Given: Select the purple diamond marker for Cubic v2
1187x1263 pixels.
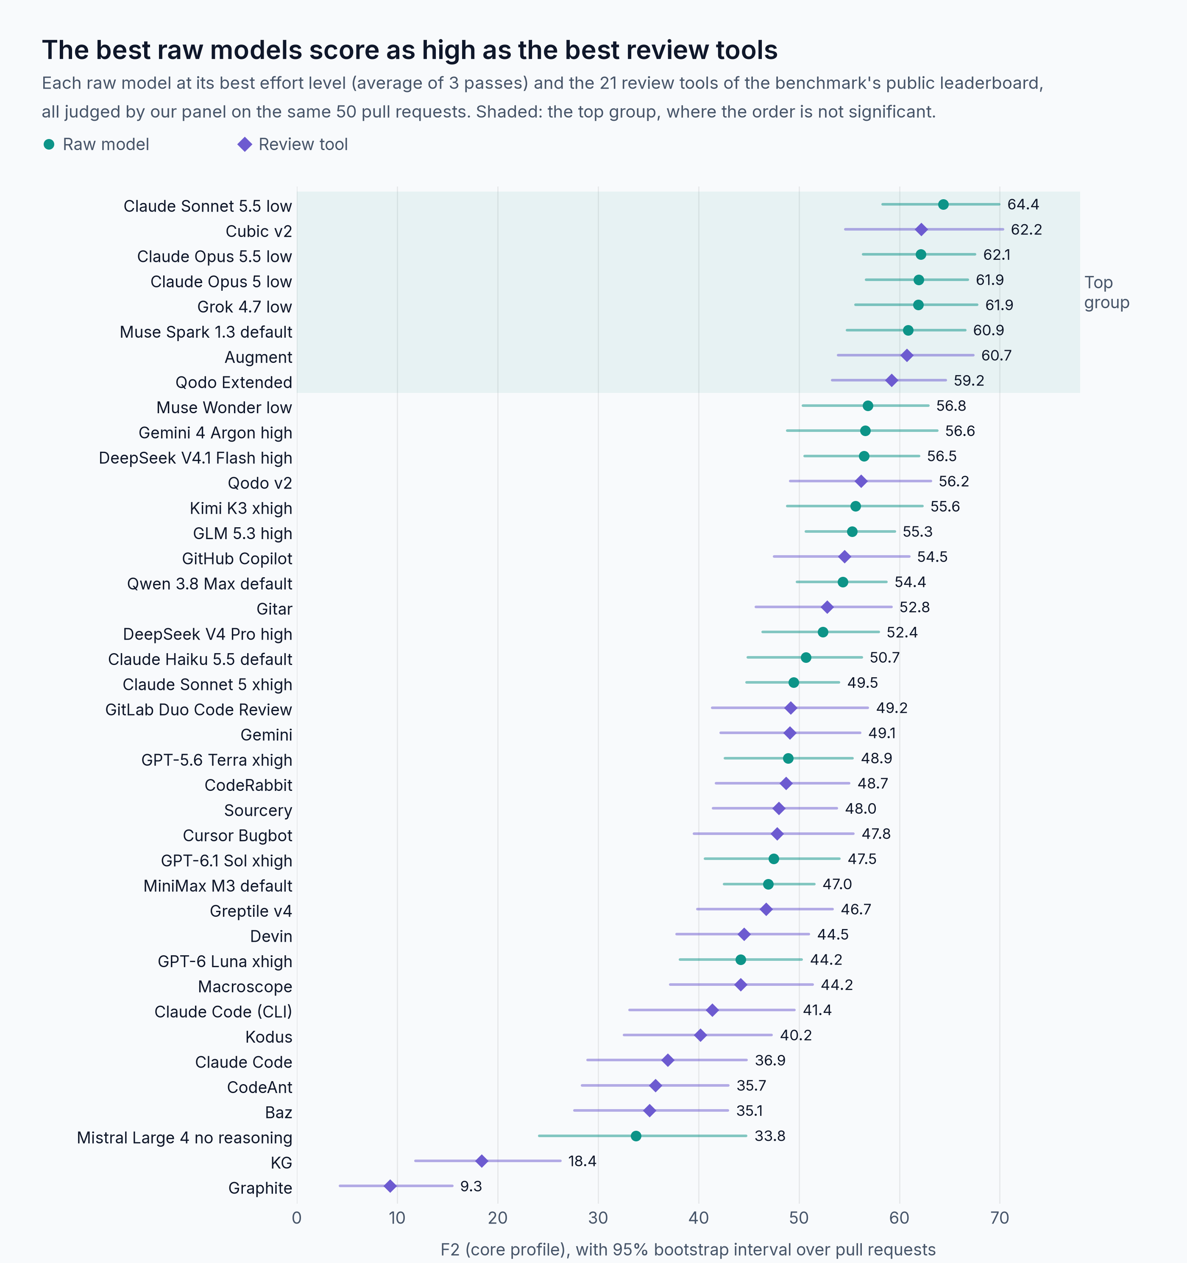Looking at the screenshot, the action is click(x=921, y=229).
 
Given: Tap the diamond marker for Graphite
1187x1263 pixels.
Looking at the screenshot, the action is click(x=390, y=1186).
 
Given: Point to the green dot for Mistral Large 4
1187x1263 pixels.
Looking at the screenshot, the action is click(x=636, y=1136).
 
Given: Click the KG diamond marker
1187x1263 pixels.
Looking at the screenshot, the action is click(x=482, y=1161).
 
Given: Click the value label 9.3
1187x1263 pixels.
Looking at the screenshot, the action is click(x=471, y=1186).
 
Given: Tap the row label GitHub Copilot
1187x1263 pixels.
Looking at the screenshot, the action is click(x=237, y=559).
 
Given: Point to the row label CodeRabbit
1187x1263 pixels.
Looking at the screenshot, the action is click(x=248, y=785).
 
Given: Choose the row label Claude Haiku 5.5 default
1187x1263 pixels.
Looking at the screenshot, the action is click(x=200, y=659).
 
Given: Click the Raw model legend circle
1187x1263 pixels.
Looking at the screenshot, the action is click(x=49, y=144).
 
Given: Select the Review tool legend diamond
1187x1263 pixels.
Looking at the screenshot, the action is click(x=245, y=144).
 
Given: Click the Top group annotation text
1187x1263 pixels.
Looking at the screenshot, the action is click(x=1106, y=292).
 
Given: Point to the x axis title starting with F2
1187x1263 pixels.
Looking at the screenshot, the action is click(x=688, y=1250).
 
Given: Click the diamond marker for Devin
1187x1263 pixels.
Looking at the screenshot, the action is click(x=744, y=934).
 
